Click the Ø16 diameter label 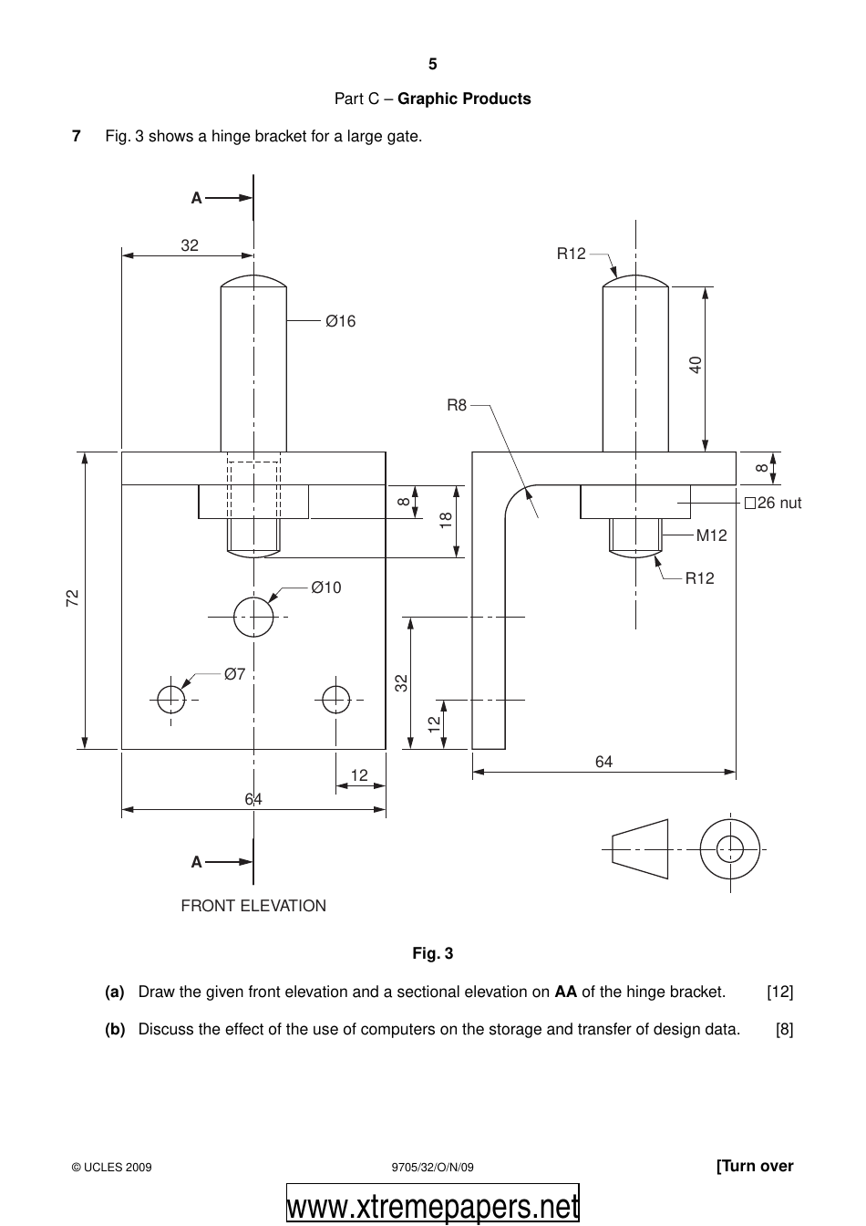point(340,321)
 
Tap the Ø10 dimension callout point(325,588)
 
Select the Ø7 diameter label point(234,674)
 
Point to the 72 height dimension point(74,598)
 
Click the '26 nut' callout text point(772,503)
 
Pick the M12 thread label point(711,536)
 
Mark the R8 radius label point(456,405)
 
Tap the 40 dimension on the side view point(696,365)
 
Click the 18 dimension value point(445,521)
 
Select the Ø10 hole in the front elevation point(253,618)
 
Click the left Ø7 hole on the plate point(171,700)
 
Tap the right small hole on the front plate point(335,700)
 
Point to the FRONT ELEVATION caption point(253,906)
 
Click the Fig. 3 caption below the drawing point(432,954)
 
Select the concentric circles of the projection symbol point(729,848)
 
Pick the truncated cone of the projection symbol point(640,848)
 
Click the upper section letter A point(196,197)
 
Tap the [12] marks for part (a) point(779,992)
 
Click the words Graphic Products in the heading point(464,99)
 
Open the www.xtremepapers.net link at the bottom point(433,1207)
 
